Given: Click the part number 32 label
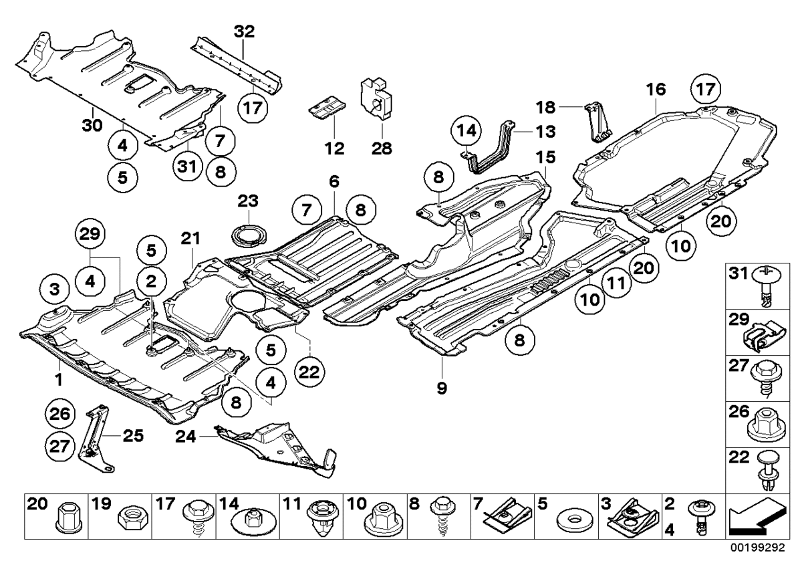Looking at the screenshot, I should point(244,31).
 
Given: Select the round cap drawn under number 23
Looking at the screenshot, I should point(248,237).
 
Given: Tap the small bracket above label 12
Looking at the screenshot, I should point(326,106).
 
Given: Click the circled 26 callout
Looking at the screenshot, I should point(61,415).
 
